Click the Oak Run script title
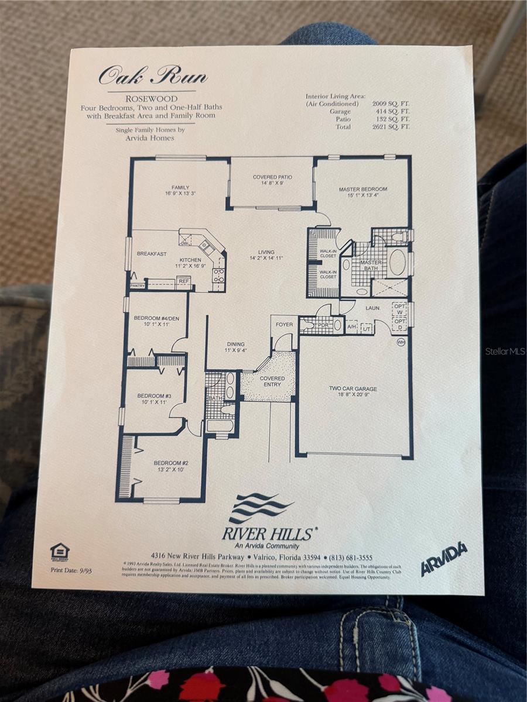click(x=152, y=76)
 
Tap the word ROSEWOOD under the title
click(x=152, y=99)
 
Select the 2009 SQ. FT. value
click(x=391, y=104)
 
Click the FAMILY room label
click(x=180, y=188)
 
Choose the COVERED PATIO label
click(x=272, y=177)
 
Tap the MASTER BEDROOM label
click(x=363, y=190)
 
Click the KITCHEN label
click(x=190, y=260)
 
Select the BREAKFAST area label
click(x=152, y=254)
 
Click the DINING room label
click(x=235, y=345)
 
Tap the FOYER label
click(x=284, y=325)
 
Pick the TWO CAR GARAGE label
click(x=353, y=388)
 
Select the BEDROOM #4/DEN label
click(x=151, y=318)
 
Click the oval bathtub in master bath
click(x=397, y=263)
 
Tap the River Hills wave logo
click(x=260, y=508)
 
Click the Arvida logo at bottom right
click(x=444, y=559)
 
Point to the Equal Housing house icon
click(x=60, y=551)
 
